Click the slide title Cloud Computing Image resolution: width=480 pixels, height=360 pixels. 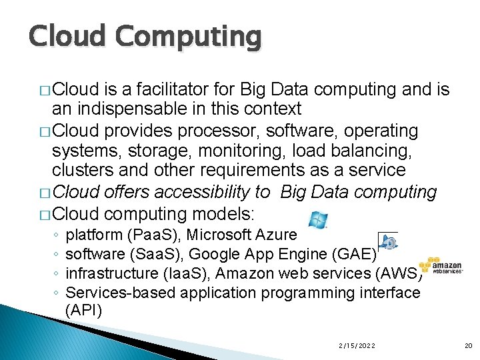(x=145, y=37)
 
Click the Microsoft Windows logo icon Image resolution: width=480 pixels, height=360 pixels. (x=319, y=221)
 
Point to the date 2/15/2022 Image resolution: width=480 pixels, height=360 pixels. (x=357, y=345)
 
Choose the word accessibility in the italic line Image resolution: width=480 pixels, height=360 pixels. (x=212, y=193)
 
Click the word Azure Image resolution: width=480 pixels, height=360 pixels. (x=279, y=235)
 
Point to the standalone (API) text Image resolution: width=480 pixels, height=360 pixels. (x=84, y=310)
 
